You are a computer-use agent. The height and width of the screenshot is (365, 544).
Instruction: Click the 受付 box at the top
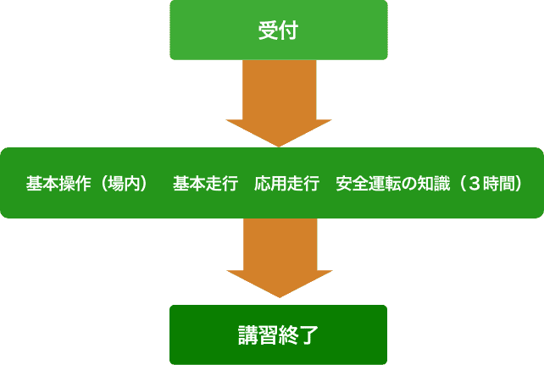click(x=279, y=30)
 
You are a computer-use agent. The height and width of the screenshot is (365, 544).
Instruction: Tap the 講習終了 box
click(x=279, y=335)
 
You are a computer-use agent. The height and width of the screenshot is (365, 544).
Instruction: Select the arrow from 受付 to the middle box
click(x=279, y=102)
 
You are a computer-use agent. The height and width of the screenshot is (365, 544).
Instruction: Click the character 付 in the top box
click(x=289, y=30)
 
